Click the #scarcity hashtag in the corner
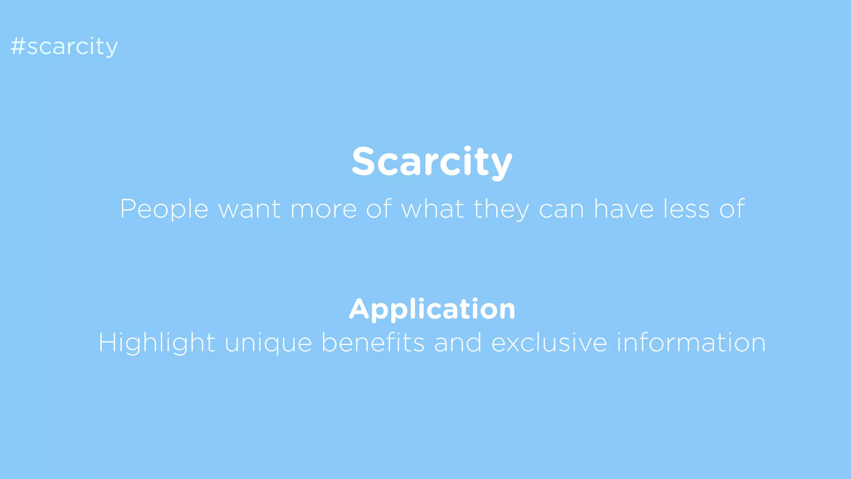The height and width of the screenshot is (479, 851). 64,46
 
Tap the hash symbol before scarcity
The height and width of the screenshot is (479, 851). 18,46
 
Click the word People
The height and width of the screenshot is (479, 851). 164,209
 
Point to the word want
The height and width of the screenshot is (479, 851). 249,209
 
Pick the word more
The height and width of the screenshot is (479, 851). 323,209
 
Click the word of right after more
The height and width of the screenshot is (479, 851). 379,209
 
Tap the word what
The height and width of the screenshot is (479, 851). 432,209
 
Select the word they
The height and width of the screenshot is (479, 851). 502,209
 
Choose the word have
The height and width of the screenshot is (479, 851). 623,209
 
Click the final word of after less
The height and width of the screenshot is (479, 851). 732,209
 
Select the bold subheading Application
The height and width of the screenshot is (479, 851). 432,309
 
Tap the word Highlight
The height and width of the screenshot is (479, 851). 157,343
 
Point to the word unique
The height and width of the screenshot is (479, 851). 268,343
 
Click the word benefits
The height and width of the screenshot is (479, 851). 373,343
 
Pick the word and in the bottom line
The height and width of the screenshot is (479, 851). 458,343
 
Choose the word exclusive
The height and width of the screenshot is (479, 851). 549,343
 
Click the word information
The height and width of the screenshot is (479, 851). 691,343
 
